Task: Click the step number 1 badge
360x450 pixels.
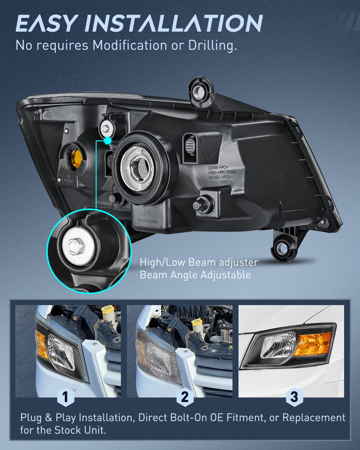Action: pyautogui.click(x=65, y=397)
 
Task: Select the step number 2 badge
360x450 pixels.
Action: pyautogui.click(x=185, y=397)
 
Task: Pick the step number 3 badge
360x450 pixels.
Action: pyautogui.click(x=294, y=397)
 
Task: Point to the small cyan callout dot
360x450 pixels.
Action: pyautogui.click(x=108, y=140)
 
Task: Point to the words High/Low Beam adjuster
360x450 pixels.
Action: pyautogui.click(x=199, y=262)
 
